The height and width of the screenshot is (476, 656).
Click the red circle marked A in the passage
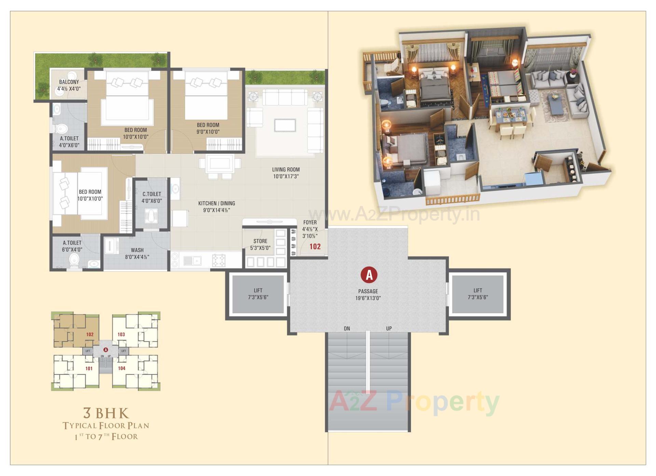(369, 275)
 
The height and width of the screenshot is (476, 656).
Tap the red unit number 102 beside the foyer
(315, 246)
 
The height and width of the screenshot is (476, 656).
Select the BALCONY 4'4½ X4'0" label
(69, 85)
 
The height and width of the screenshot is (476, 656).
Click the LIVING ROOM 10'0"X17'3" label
(286, 173)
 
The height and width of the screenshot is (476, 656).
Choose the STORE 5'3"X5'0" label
(260, 244)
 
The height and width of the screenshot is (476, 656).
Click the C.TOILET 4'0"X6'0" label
(152, 197)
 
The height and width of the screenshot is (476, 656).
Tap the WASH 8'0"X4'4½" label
(137, 253)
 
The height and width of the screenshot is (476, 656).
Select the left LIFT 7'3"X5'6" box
(258, 294)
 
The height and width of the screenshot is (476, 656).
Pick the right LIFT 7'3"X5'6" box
(478, 294)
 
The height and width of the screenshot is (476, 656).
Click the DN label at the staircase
(347, 329)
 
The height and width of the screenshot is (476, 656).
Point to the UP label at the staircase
(389, 329)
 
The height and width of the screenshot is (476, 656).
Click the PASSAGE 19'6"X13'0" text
(368, 295)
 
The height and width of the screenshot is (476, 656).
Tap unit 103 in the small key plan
(121, 334)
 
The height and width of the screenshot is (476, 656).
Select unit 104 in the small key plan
(122, 368)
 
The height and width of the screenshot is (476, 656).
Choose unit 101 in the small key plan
(89, 368)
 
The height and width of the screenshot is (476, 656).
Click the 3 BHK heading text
(106, 413)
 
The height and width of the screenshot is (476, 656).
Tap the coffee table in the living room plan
(285, 125)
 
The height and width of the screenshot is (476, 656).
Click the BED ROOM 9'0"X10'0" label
(208, 128)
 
